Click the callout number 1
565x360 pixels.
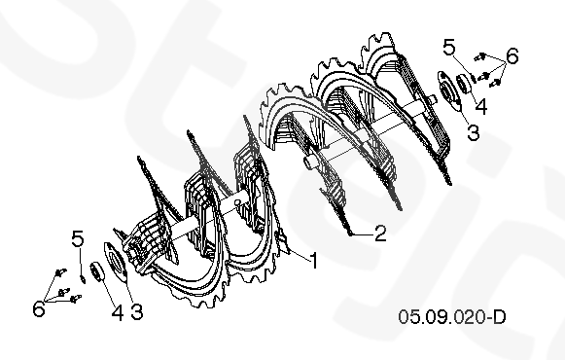click(x=314, y=260)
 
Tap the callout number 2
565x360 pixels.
click(x=380, y=234)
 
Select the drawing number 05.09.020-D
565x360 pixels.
click(x=452, y=317)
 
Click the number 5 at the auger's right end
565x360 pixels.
click(x=449, y=48)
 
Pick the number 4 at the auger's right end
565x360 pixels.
click(x=481, y=107)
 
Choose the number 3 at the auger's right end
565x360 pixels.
click(x=474, y=131)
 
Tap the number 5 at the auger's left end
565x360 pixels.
click(x=78, y=238)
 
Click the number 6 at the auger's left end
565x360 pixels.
click(x=39, y=308)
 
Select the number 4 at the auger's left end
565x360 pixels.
click(x=117, y=312)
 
